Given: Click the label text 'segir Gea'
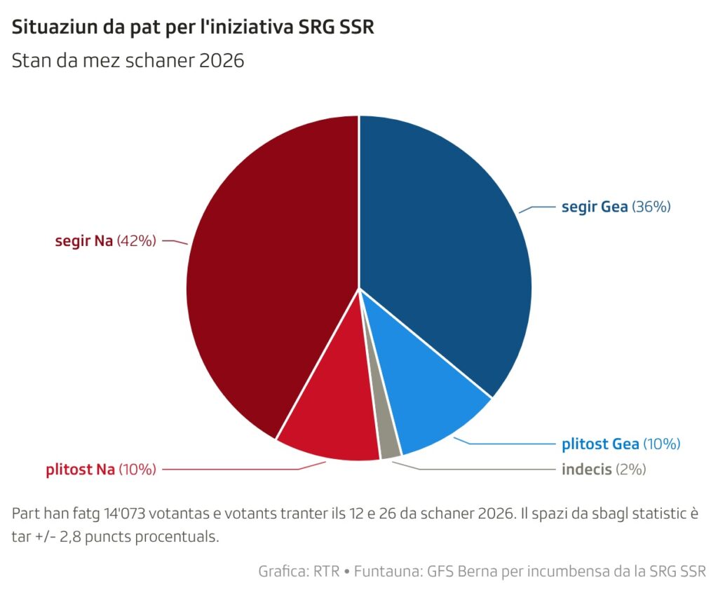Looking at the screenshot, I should click(x=595, y=207).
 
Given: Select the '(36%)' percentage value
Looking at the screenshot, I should click(x=652, y=207).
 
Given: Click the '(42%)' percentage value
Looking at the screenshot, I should click(x=136, y=241).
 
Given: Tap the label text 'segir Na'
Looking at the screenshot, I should click(x=84, y=241).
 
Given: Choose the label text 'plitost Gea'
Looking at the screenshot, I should click(x=600, y=444).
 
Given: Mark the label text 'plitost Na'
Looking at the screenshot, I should click(x=80, y=470).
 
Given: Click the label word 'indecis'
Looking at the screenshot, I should click(x=586, y=470).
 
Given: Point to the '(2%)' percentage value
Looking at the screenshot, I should click(x=630, y=470).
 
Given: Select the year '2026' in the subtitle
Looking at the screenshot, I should click(x=221, y=61).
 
